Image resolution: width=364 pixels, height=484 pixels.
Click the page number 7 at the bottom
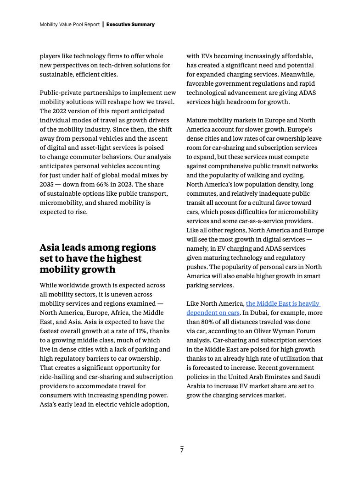pos(182,450)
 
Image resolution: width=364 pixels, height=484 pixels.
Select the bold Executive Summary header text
pos(130,24)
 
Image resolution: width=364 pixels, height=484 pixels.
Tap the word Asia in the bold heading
pos(51,247)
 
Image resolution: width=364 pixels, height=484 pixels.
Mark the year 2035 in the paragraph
pos(48,184)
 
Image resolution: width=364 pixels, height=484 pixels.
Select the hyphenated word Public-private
pos(62,93)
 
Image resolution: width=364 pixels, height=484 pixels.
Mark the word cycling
pos(292,175)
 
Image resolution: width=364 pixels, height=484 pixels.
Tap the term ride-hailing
pos(56,377)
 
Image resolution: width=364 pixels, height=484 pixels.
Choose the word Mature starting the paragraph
pos(197,120)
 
